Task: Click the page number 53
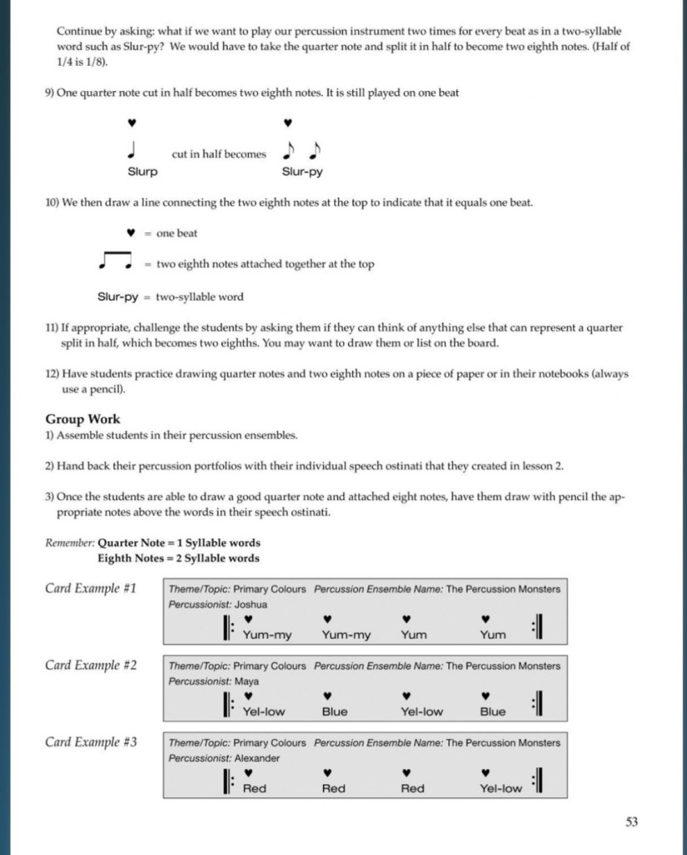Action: [631, 822]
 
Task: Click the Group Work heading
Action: [83, 419]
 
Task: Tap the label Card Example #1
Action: [91, 588]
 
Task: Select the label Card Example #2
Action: [91, 665]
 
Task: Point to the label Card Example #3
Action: [91, 741]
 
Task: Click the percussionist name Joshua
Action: [251, 604]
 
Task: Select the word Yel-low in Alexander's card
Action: [501, 788]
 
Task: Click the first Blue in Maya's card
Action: [334, 711]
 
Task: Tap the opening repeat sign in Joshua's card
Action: [228, 628]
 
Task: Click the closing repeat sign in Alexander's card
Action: [538, 782]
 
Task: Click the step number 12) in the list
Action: [54, 374]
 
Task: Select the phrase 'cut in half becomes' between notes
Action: [219, 154]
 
